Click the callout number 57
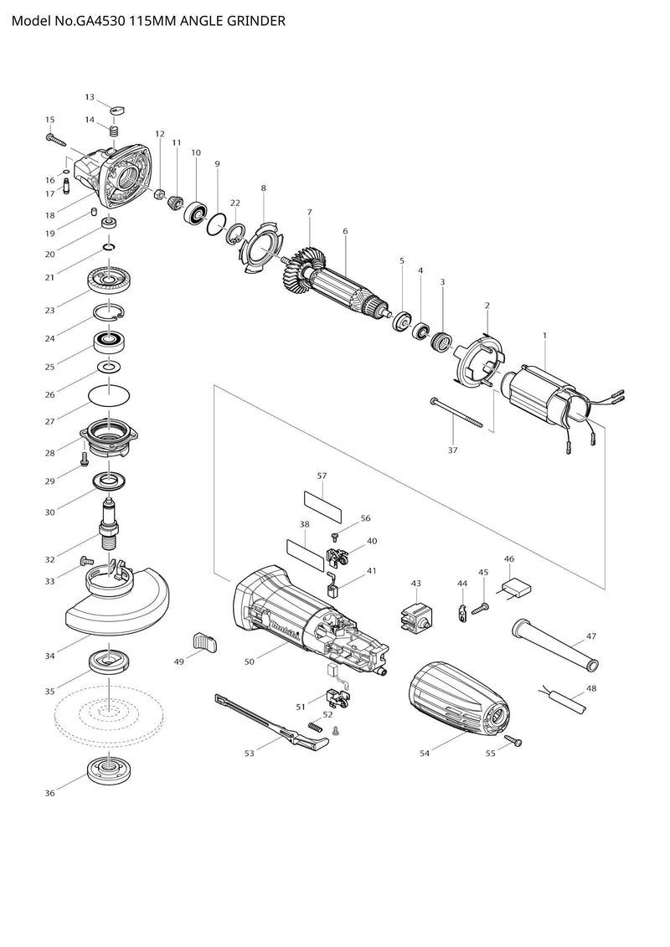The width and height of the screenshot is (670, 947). pyautogui.click(x=322, y=476)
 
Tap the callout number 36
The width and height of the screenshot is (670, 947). pyautogui.click(x=50, y=793)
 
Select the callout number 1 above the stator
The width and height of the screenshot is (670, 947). pyautogui.click(x=544, y=335)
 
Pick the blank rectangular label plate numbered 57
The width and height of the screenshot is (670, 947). pyautogui.click(x=322, y=501)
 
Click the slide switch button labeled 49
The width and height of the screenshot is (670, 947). pyautogui.click(x=205, y=643)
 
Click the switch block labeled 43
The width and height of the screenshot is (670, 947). pyautogui.click(x=417, y=618)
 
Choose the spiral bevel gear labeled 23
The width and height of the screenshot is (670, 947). pyautogui.click(x=110, y=280)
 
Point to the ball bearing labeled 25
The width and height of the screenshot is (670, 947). pyautogui.click(x=109, y=342)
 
